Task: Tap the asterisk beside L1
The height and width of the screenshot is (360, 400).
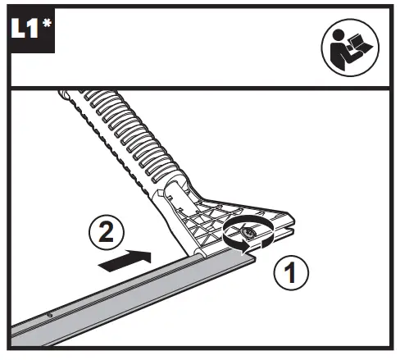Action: click(x=47, y=23)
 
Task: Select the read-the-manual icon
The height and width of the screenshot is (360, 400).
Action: click(x=350, y=48)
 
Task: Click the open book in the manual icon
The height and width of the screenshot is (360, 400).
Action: click(x=358, y=44)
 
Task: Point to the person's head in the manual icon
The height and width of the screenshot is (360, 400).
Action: click(x=338, y=34)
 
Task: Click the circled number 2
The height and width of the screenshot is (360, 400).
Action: click(x=107, y=232)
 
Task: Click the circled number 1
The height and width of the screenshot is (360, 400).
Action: click(x=291, y=272)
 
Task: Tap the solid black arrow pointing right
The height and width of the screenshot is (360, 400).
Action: click(x=125, y=261)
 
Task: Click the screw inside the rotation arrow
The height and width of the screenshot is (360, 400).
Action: click(x=248, y=233)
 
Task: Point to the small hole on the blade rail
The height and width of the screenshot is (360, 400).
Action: click(x=50, y=315)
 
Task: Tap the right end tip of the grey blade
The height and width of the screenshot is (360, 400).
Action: click(x=256, y=259)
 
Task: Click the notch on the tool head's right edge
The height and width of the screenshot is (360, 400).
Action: click(x=289, y=228)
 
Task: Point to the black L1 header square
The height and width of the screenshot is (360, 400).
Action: click(x=33, y=30)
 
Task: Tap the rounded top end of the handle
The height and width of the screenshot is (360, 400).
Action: click(x=63, y=93)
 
